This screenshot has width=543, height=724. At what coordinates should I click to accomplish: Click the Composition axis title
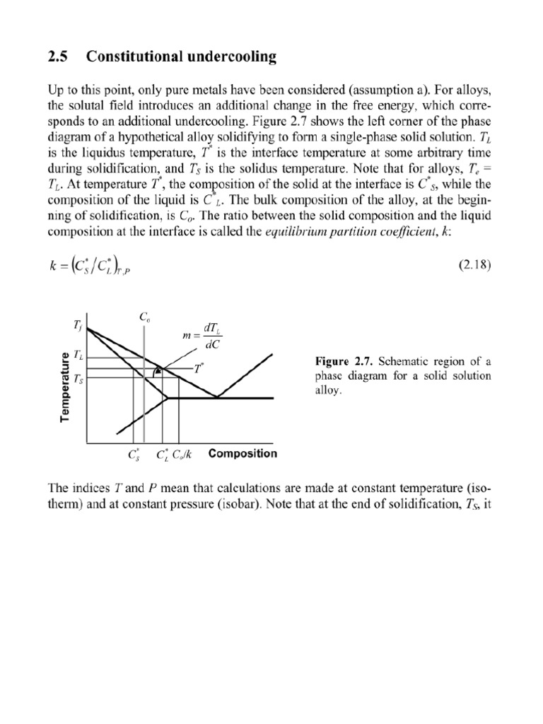coord(243,453)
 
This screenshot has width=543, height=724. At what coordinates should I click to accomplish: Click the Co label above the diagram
coord(144,318)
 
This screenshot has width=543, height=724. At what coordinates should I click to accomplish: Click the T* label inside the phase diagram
coord(199,369)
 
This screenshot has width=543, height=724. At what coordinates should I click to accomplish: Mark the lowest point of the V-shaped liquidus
coord(218,397)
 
